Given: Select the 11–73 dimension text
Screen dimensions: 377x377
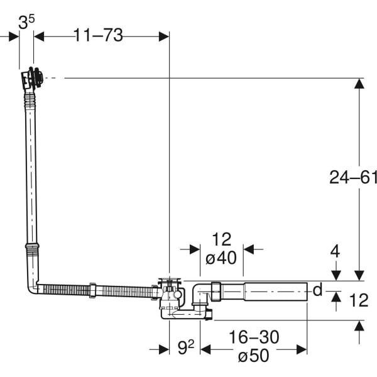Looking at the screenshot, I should coord(97,36).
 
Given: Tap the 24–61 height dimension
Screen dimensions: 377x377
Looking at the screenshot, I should coord(353,177).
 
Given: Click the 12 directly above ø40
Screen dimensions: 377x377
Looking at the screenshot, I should coord(221,239).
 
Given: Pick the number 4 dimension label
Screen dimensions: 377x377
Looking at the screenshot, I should coord(335,252).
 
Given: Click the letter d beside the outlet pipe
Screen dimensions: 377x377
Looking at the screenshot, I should coord(317,290).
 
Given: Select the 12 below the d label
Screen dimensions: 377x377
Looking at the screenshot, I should coord(358,301).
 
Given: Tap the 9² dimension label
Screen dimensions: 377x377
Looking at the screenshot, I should coord(184,347).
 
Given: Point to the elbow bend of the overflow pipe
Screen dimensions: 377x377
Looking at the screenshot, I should coord(33,287).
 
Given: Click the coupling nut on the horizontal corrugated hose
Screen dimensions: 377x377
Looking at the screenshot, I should coord(92,290).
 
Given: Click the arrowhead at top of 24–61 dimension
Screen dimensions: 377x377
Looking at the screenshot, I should coord(359,83).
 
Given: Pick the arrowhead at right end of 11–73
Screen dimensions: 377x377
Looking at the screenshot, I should coord(164,36).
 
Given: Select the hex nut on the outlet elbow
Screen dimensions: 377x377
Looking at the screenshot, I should coord(216,292).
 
